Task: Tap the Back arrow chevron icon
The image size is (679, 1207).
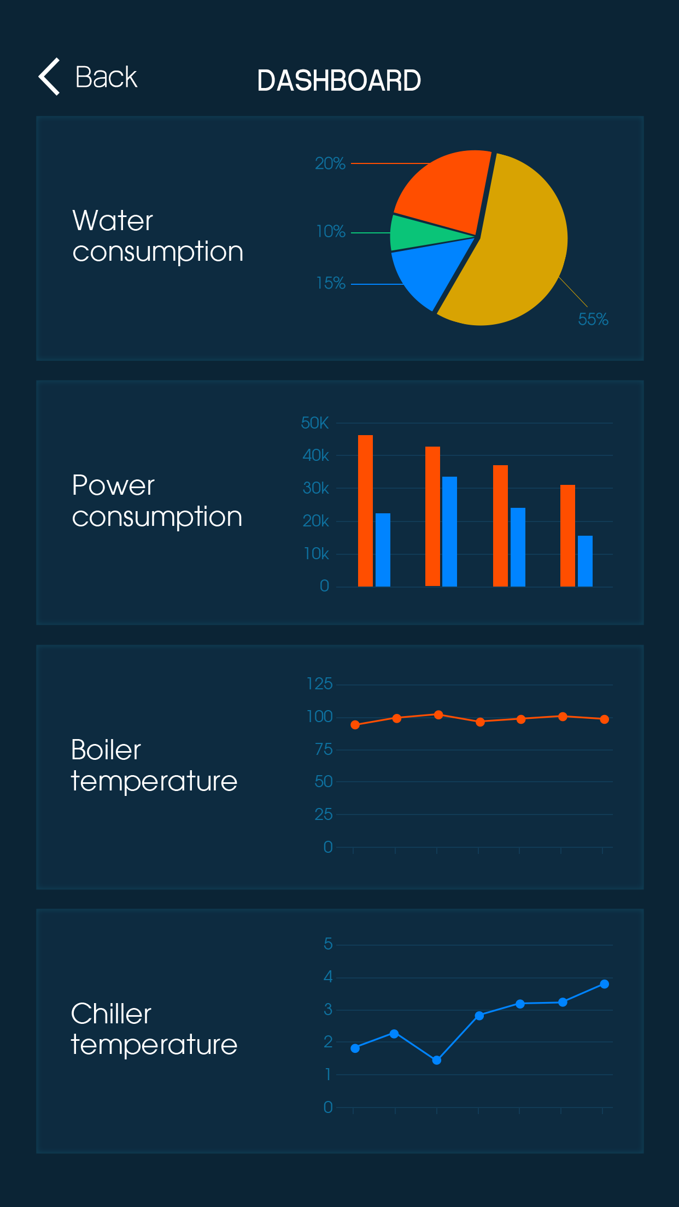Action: coord(49,77)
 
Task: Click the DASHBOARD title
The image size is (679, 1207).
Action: coord(339,81)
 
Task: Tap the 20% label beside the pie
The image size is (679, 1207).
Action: coord(330,163)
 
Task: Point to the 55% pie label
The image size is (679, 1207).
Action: coord(593,319)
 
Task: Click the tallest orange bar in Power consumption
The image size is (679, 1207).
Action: coord(365,511)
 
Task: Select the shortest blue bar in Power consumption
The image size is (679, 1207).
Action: coord(585,561)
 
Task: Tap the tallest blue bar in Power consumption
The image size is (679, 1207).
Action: coord(449,531)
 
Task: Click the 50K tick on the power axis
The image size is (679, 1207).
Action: coord(315,423)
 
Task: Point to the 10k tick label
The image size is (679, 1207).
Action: coord(317,554)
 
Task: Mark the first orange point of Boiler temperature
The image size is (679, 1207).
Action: coord(355,725)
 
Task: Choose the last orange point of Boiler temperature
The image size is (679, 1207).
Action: coord(604,719)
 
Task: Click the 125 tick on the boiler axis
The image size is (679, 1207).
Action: coord(319,684)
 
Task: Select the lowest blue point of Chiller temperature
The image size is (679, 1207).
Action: coord(437,1060)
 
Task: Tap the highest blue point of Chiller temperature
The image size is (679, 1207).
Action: coord(604,984)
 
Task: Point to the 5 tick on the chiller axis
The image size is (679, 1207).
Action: coord(328,944)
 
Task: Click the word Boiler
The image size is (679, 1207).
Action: coord(106,749)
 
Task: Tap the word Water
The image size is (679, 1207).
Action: coord(113,221)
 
